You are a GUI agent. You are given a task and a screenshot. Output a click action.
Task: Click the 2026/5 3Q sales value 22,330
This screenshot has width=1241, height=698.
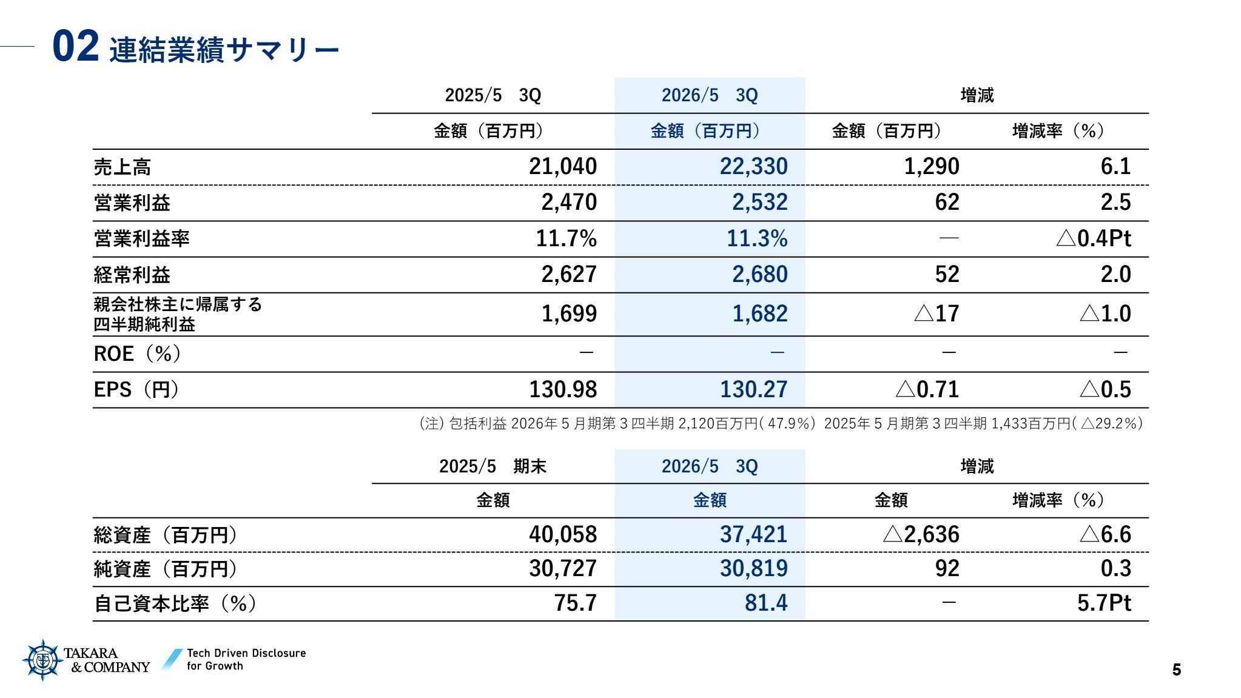point(753,166)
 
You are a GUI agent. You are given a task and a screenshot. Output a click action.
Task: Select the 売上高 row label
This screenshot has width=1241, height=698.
point(123,167)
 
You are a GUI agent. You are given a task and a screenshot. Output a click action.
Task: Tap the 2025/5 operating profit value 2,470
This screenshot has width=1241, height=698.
point(568,202)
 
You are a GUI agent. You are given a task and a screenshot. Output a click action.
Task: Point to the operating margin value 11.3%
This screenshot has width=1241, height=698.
point(757,238)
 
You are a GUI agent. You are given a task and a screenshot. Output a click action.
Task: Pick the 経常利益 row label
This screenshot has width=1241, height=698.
point(132,275)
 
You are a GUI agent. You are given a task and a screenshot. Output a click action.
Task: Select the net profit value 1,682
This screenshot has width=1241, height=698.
point(759,314)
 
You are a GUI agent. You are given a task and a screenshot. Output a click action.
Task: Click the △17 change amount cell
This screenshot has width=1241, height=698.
point(937,314)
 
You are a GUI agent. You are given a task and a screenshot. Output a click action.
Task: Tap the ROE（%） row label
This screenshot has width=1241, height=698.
point(137,354)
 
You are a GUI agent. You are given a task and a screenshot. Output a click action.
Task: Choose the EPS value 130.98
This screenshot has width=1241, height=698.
point(563,389)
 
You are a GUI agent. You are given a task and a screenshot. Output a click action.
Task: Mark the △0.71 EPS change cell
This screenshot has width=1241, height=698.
point(927,389)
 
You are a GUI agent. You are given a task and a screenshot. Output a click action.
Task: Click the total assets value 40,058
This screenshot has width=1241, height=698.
point(563,534)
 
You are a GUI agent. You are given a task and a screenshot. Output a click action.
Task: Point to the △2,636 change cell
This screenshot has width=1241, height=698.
point(921,534)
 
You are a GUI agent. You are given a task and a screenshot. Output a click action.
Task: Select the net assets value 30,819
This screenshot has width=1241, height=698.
point(753,568)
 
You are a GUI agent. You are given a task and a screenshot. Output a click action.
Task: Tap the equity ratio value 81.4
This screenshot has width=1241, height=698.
point(765,603)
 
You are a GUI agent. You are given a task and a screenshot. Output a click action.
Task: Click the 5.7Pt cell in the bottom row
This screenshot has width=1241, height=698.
point(1104,603)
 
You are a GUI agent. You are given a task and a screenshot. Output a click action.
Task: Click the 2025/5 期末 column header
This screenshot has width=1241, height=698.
point(493,466)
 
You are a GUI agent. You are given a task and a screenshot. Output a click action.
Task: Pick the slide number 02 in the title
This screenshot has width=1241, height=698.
point(75,47)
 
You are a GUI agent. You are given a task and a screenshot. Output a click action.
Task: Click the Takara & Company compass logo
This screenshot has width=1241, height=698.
point(42,660)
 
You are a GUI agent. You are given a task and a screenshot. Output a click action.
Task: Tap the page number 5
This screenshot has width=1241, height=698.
point(1176,669)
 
